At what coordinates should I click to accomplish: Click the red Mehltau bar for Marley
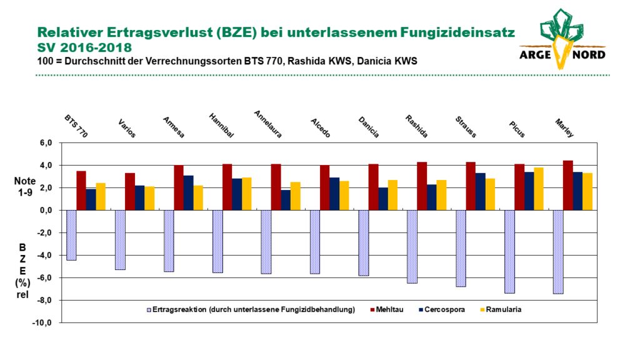(567, 185)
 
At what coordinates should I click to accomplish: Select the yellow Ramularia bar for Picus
(538, 189)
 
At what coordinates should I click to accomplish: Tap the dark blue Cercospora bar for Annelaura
(285, 200)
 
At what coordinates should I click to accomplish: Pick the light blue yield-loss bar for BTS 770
(71, 235)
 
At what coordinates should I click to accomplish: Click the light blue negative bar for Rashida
(412, 247)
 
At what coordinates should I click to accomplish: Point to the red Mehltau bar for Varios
(130, 191)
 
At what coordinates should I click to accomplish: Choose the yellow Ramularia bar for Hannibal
(246, 194)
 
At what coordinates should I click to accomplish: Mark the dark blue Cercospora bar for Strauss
(480, 191)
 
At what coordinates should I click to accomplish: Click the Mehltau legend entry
(386, 310)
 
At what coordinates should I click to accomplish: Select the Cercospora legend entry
(442, 310)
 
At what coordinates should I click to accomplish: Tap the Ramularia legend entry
(501, 310)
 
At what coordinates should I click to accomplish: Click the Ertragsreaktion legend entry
(251, 310)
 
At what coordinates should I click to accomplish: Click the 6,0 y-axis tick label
(46, 143)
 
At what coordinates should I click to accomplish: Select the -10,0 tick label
(42, 322)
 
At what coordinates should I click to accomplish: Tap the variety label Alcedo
(321, 127)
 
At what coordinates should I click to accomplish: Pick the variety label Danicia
(369, 127)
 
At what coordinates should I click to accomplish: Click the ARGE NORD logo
(562, 39)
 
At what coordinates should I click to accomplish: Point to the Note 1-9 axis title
(25, 186)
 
